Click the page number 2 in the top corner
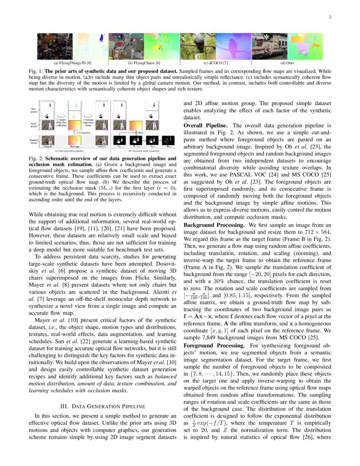click(329, 17)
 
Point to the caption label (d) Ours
click(287, 63)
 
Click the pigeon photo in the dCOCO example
click(198, 46)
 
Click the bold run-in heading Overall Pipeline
click(206, 126)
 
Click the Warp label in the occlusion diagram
click(141, 132)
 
